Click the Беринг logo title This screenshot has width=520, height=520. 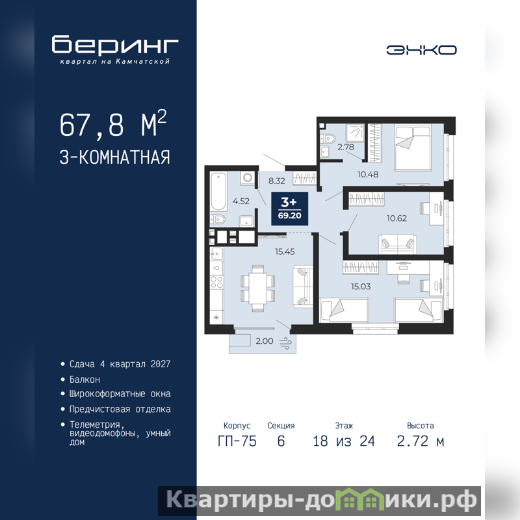click(115, 44)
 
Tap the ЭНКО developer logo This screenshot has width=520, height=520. click(421, 50)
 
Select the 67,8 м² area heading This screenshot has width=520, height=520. click(113, 123)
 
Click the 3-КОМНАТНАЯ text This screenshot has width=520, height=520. click(115, 157)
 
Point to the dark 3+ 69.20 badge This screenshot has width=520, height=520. click(289, 209)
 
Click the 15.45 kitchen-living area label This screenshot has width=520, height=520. click(285, 252)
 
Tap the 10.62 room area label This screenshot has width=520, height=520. click(396, 218)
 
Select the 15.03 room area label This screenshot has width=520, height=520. click(361, 287)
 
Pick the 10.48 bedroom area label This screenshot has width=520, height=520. click(368, 174)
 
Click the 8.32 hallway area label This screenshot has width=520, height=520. click(277, 181)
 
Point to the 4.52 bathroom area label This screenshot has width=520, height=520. click(241, 201)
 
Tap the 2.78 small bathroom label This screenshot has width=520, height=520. click(346, 147)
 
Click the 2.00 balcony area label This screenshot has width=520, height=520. click(265, 341)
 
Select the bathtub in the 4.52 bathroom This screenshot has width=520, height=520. click(218, 191)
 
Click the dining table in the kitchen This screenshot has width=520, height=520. click(257, 288)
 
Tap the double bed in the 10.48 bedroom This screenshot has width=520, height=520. click(413, 148)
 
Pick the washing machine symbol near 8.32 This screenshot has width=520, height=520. click(248, 177)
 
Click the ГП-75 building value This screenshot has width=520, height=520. click(237, 441)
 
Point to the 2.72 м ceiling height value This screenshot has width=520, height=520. click(421, 441)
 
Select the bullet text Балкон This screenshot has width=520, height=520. click(84, 380)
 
